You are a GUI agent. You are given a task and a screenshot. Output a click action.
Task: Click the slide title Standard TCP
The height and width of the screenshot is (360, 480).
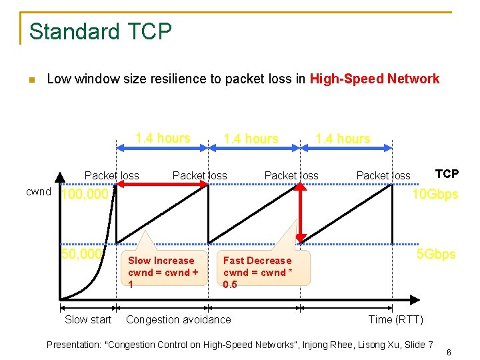tap(101, 31)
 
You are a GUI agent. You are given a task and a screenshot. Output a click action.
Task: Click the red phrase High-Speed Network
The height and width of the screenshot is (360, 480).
tap(374, 79)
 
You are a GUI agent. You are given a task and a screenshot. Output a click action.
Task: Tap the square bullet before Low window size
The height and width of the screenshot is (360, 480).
tap(31, 81)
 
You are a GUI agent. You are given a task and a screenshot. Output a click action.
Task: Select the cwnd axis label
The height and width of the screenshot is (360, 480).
tap(38, 192)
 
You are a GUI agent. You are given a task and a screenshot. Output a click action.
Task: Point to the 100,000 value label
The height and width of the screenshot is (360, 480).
tap(84, 195)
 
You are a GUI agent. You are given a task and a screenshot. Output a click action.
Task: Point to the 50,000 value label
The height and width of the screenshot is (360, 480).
tap(81, 254)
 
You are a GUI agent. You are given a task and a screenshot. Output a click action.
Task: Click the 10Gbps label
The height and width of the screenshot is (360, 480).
tap(435, 195)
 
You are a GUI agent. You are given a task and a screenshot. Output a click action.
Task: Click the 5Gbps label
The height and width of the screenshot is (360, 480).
tap(436, 255)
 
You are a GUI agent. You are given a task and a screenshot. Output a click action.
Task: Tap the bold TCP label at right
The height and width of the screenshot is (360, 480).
tap(447, 174)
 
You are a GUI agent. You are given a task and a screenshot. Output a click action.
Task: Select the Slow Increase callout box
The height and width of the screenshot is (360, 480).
tap(163, 272)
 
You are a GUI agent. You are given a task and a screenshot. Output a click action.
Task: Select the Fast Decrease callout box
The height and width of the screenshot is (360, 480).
tap(258, 272)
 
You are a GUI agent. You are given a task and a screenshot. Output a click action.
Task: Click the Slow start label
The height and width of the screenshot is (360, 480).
tap(88, 320)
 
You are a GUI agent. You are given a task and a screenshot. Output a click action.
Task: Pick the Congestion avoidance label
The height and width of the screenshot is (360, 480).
tap(179, 320)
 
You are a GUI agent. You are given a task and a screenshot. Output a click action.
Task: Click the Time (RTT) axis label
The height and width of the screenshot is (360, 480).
tap(395, 320)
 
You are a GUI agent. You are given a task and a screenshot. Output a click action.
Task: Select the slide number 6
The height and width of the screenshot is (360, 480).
tap(449, 352)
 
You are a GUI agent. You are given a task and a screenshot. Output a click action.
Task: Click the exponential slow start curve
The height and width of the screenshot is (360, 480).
tap(100, 280)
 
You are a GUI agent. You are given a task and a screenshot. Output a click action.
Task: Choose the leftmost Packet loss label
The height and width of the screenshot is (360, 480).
tap(111, 176)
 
